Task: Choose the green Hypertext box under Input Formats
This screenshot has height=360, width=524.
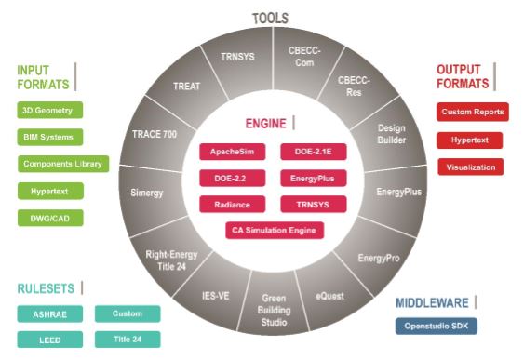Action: click(49, 192)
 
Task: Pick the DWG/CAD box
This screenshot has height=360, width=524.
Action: click(47, 219)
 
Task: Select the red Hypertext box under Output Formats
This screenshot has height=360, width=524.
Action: click(469, 140)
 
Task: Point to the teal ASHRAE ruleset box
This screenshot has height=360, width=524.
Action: click(49, 313)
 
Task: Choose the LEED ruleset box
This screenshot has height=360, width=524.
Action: click(49, 340)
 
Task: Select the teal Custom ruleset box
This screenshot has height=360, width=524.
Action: click(127, 313)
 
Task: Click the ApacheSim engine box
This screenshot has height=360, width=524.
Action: click(226, 150)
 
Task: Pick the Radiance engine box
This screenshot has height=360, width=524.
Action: click(226, 204)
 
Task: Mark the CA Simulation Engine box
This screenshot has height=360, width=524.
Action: click(275, 230)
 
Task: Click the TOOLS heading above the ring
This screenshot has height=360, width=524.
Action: click(270, 18)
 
